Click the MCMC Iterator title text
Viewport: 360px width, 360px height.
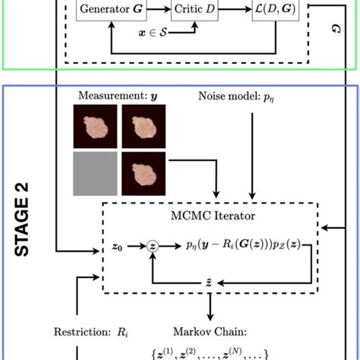click(209, 216)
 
